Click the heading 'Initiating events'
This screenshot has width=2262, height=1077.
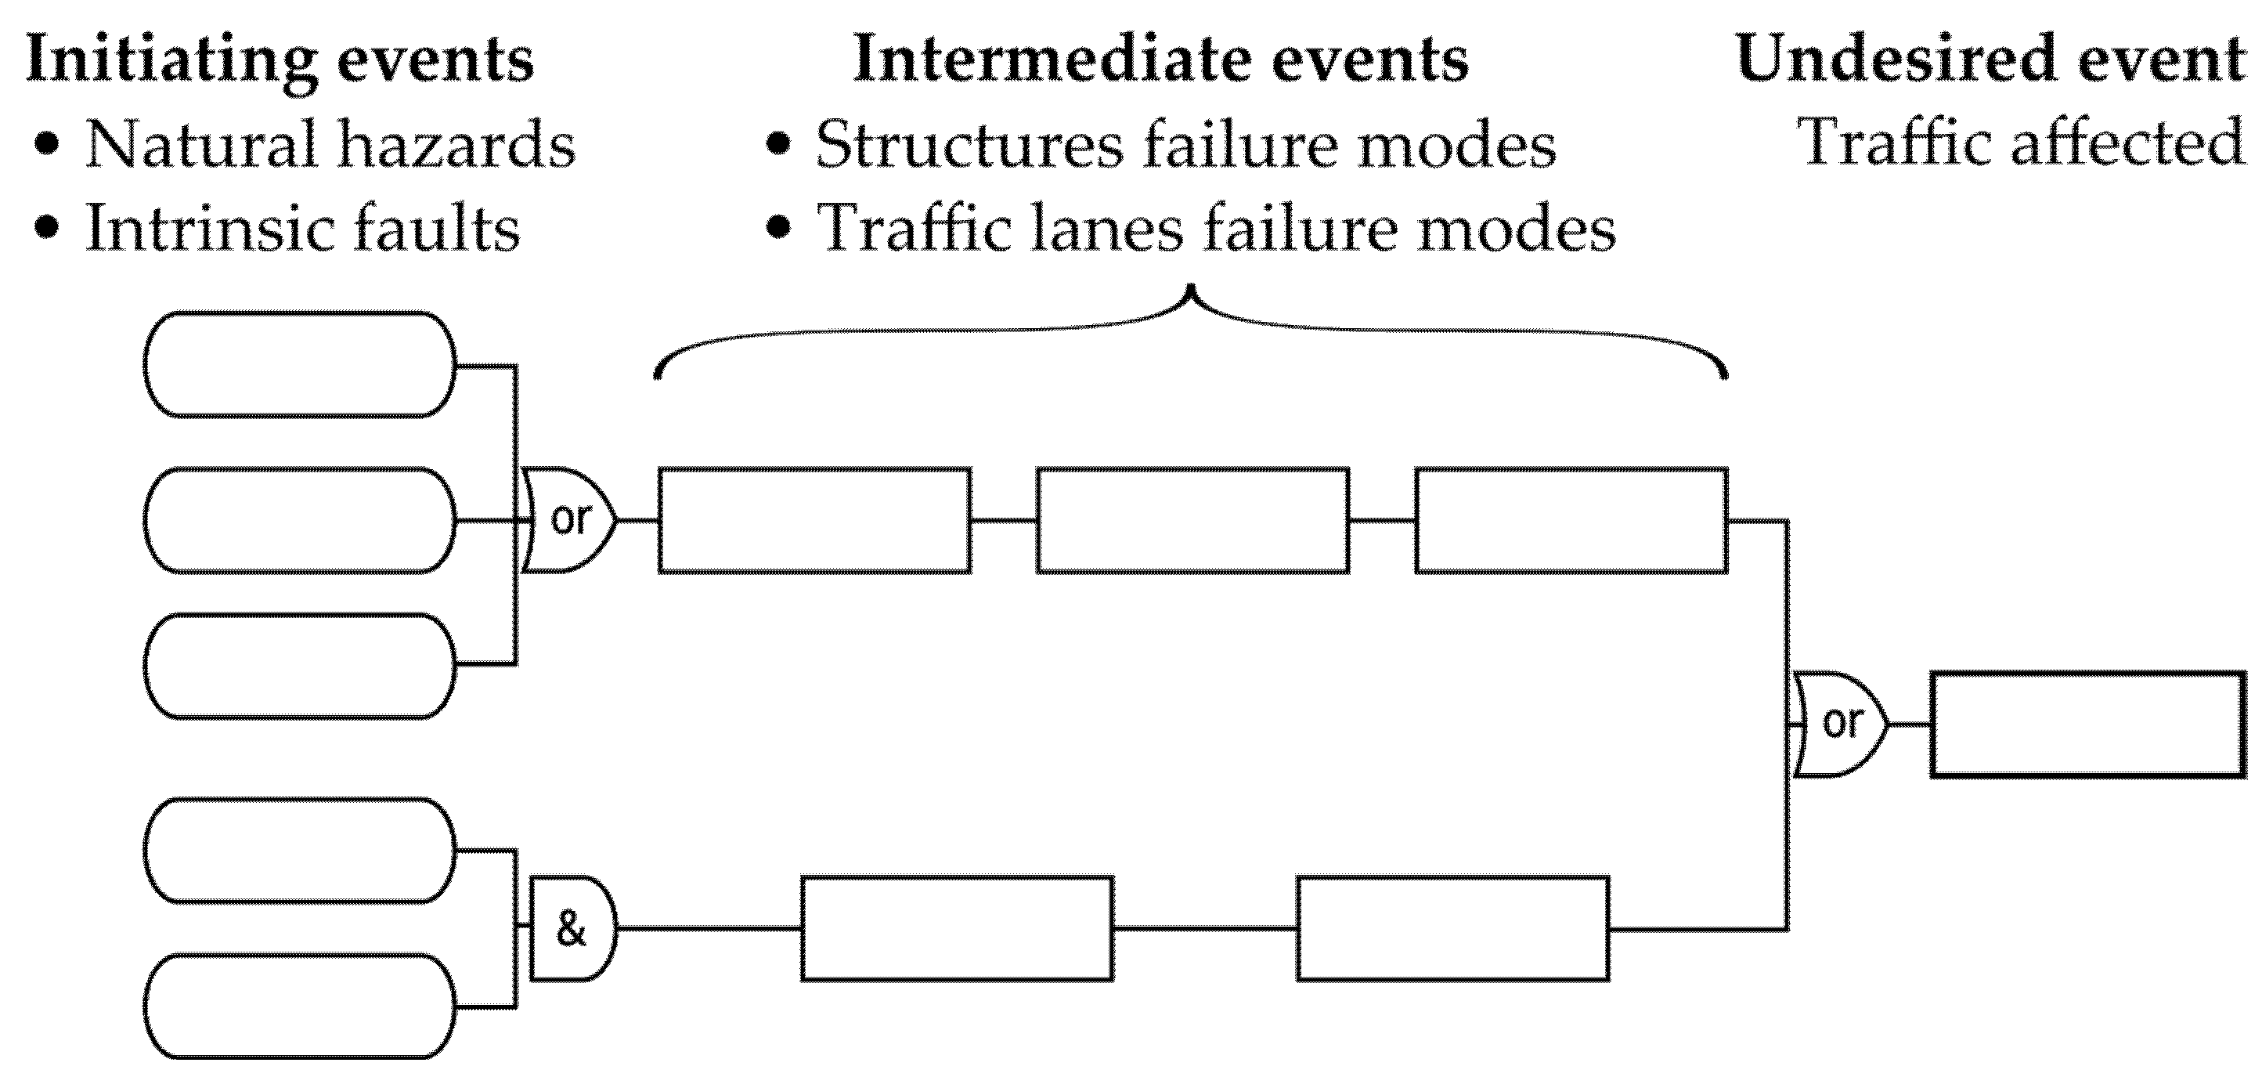280,60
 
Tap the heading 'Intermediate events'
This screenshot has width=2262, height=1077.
1160,60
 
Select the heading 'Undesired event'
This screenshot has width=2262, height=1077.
1990,60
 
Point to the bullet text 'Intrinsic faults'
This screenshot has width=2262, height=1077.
302,229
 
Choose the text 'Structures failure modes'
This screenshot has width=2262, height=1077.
1185,144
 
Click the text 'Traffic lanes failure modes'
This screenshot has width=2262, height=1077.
1215,229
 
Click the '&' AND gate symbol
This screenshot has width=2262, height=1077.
572,928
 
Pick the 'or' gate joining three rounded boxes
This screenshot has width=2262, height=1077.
569,520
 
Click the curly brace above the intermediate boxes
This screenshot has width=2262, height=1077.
1191,334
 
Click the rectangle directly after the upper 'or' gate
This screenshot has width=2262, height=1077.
814,520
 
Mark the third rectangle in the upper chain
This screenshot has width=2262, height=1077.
1570,520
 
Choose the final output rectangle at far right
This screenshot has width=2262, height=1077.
2087,724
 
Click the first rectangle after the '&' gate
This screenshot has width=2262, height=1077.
956,928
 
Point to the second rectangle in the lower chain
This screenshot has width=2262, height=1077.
1452,928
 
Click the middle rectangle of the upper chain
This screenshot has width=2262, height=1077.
1192,520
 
